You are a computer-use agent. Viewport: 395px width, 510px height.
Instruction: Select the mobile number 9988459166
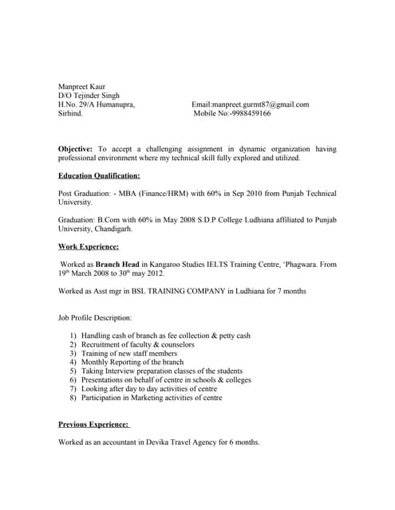pyautogui.click(x=250, y=114)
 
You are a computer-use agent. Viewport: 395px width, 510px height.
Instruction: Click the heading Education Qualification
pyautogui.click(x=99, y=175)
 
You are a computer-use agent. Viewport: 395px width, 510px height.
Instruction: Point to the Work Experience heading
pyautogui.click(x=89, y=247)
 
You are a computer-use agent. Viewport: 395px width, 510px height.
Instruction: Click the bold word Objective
pyautogui.click(x=76, y=149)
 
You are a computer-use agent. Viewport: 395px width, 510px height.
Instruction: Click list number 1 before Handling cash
pyautogui.click(x=73, y=336)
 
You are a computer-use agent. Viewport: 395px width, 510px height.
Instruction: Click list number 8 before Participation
pyautogui.click(x=73, y=398)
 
